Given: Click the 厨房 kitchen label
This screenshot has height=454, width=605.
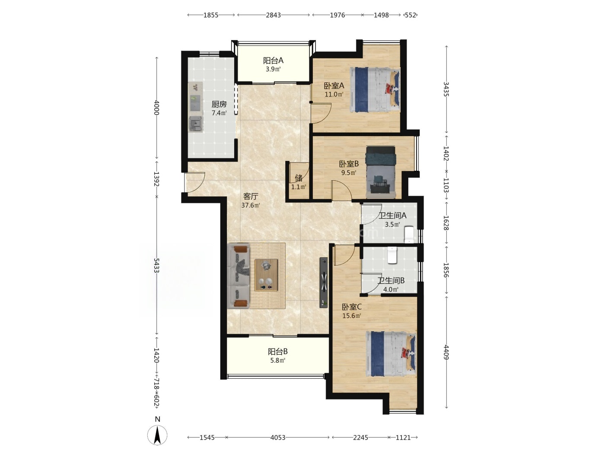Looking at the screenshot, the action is (219, 104).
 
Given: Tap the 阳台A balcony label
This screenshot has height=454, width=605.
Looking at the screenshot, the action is (273, 61).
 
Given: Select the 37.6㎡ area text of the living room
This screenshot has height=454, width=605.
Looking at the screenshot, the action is (251, 205).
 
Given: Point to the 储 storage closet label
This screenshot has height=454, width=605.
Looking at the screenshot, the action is (299, 178).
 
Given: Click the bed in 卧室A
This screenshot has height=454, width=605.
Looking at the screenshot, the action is (375, 90).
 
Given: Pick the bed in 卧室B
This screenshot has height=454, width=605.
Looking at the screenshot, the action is (381, 172).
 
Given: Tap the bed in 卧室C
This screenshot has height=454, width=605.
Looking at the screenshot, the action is (391, 354).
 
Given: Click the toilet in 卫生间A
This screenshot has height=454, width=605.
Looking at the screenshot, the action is (409, 235).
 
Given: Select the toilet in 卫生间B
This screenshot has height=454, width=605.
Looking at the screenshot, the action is (392, 255).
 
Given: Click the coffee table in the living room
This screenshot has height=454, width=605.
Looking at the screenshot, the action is (266, 275).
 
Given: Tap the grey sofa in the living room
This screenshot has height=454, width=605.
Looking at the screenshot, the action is (239, 276).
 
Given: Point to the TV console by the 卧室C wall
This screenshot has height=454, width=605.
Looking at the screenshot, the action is (324, 282).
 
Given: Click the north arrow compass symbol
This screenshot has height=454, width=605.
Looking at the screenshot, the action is (157, 435).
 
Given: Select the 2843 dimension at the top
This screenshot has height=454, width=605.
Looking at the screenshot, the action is (273, 15).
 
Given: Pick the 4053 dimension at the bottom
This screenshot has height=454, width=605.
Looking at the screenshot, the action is (277, 438).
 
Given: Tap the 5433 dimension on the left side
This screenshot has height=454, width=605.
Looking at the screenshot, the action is (156, 265).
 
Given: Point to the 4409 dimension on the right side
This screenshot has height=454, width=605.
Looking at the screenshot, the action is (446, 352).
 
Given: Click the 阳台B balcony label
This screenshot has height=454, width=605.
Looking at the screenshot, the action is (277, 352).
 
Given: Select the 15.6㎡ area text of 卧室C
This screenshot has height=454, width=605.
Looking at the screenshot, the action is (351, 316).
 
